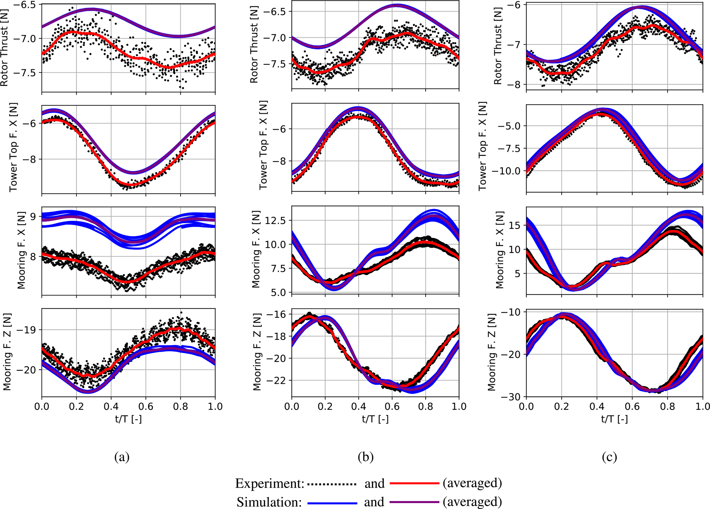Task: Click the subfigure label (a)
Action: tap(122, 457)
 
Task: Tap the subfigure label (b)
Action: tap(365, 457)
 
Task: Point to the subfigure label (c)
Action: tap(609, 457)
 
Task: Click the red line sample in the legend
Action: tap(414, 483)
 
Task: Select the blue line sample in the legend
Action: tap(332, 502)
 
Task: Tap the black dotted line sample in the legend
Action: tap(332, 484)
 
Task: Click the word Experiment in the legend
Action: tap(269, 484)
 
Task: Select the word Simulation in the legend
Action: tap(269, 502)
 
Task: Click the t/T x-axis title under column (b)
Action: tap(375, 419)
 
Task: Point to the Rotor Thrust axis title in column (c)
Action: tap(498, 46)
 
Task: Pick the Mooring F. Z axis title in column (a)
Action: tap(7, 352)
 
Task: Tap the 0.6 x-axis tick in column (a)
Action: tap(146, 406)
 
